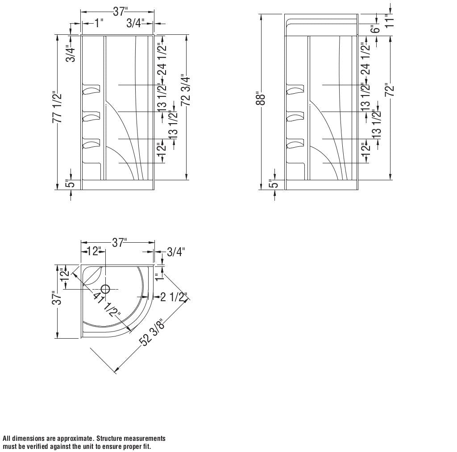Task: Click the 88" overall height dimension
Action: pyautogui.click(x=263, y=99)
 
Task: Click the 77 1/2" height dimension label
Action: pyautogui.click(x=57, y=108)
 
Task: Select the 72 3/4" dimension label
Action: pyautogui.click(x=186, y=91)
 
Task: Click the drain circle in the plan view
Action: pyautogui.click(x=106, y=289)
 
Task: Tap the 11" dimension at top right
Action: pyautogui.click(x=391, y=21)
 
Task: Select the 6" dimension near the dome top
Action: pyautogui.click(x=375, y=29)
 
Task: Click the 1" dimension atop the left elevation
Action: pyautogui.click(x=99, y=23)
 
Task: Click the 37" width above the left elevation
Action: pyautogui.click(x=119, y=12)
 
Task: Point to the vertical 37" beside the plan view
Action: pyautogui.click(x=57, y=298)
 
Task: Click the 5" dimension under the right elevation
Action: pyautogui.click(x=274, y=183)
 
